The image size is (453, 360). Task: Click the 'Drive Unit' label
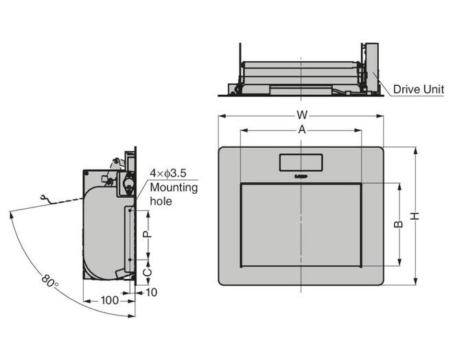point(418,89)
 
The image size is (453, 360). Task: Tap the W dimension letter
point(302,115)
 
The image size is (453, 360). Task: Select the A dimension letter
point(302,130)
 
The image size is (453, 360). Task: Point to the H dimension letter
point(415,216)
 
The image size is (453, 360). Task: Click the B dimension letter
point(399,224)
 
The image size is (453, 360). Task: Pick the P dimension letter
point(148,234)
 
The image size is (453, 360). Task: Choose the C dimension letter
point(148,272)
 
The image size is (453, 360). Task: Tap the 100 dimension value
point(110,300)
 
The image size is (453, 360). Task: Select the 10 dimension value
point(151,293)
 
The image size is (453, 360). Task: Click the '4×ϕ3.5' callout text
point(168,173)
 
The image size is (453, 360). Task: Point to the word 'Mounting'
point(174,188)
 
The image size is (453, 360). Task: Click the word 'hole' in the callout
point(161,201)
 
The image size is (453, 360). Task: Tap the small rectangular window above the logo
point(301,163)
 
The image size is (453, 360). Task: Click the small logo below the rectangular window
point(301,176)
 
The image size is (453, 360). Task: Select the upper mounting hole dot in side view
point(130,210)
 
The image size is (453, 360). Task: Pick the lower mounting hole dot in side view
point(130,260)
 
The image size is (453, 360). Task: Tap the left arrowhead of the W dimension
point(222,116)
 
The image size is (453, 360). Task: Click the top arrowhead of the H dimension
point(415,150)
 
